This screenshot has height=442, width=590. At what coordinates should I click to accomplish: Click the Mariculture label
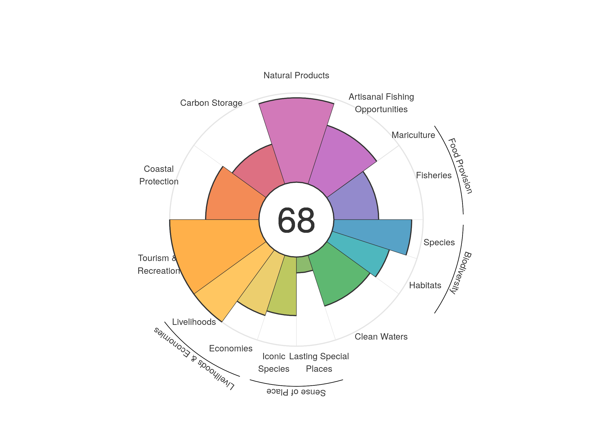(x=413, y=135)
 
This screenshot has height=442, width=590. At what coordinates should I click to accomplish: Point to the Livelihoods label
(x=194, y=322)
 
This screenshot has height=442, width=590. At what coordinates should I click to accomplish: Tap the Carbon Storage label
(x=211, y=103)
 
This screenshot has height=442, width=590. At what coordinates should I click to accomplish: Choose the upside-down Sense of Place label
(x=296, y=392)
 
